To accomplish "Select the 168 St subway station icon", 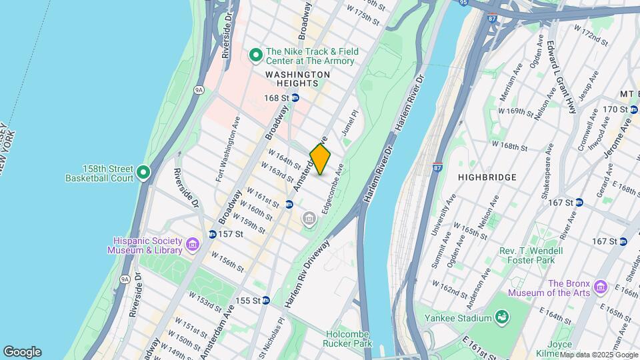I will pos(295,98).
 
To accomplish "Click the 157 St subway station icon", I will pos(212,234).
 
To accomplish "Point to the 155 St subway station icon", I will pos(265,301).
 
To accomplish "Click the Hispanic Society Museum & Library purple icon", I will pos(192,245).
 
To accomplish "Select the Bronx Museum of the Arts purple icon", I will pos(601,287).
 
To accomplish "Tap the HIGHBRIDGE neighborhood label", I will pos(487,177).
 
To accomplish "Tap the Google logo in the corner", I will pos(22,352).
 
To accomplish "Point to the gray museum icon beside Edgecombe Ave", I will pos(309,218).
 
